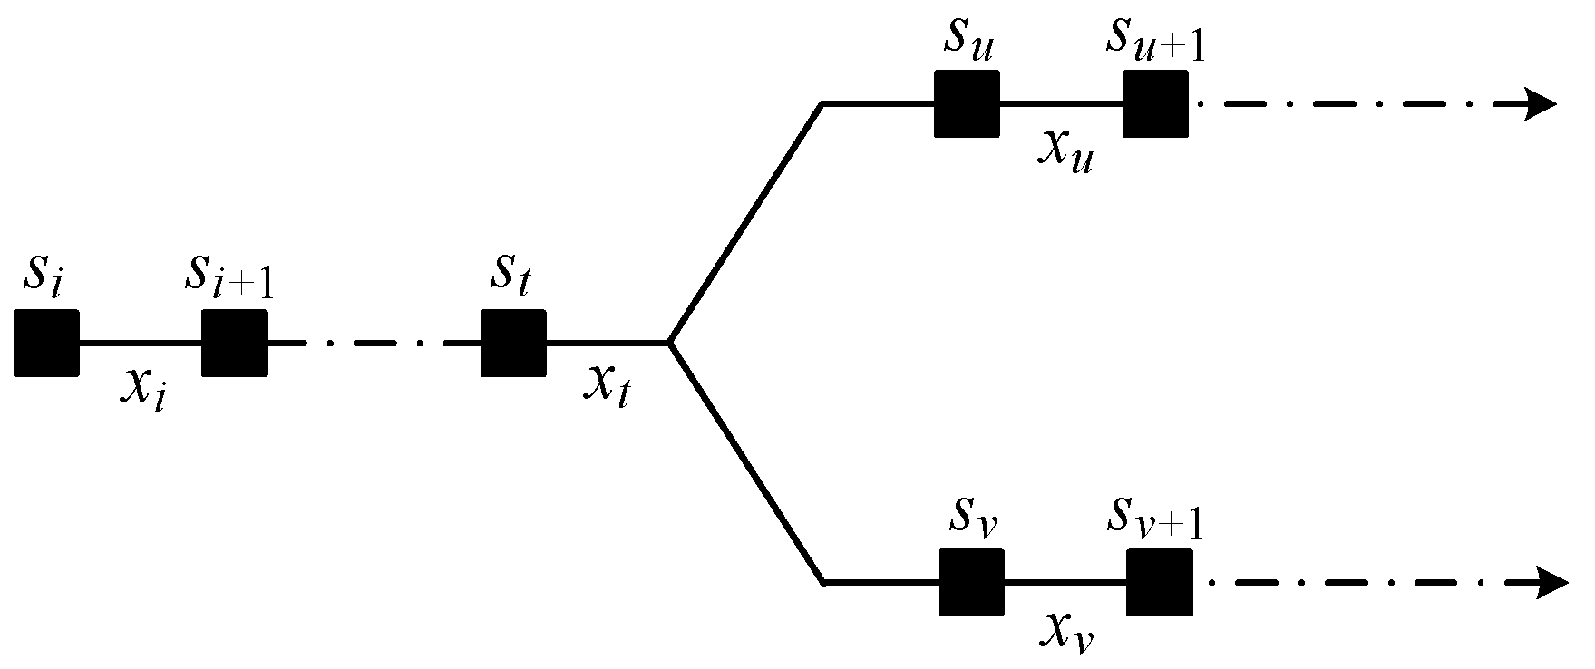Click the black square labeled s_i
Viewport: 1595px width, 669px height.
(x=47, y=343)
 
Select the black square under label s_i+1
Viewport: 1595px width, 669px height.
(x=235, y=343)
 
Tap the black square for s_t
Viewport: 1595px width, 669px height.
(x=513, y=343)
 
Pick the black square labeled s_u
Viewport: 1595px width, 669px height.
(x=967, y=103)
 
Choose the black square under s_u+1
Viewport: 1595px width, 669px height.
(x=1155, y=103)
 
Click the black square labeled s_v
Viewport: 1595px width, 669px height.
(x=971, y=582)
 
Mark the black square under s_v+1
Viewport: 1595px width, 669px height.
(x=1160, y=582)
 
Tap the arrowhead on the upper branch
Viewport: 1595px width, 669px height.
(x=1541, y=103)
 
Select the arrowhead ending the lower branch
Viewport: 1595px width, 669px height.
(x=1551, y=582)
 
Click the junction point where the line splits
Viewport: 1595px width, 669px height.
(x=669, y=343)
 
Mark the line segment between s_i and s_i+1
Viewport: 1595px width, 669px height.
(x=141, y=343)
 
